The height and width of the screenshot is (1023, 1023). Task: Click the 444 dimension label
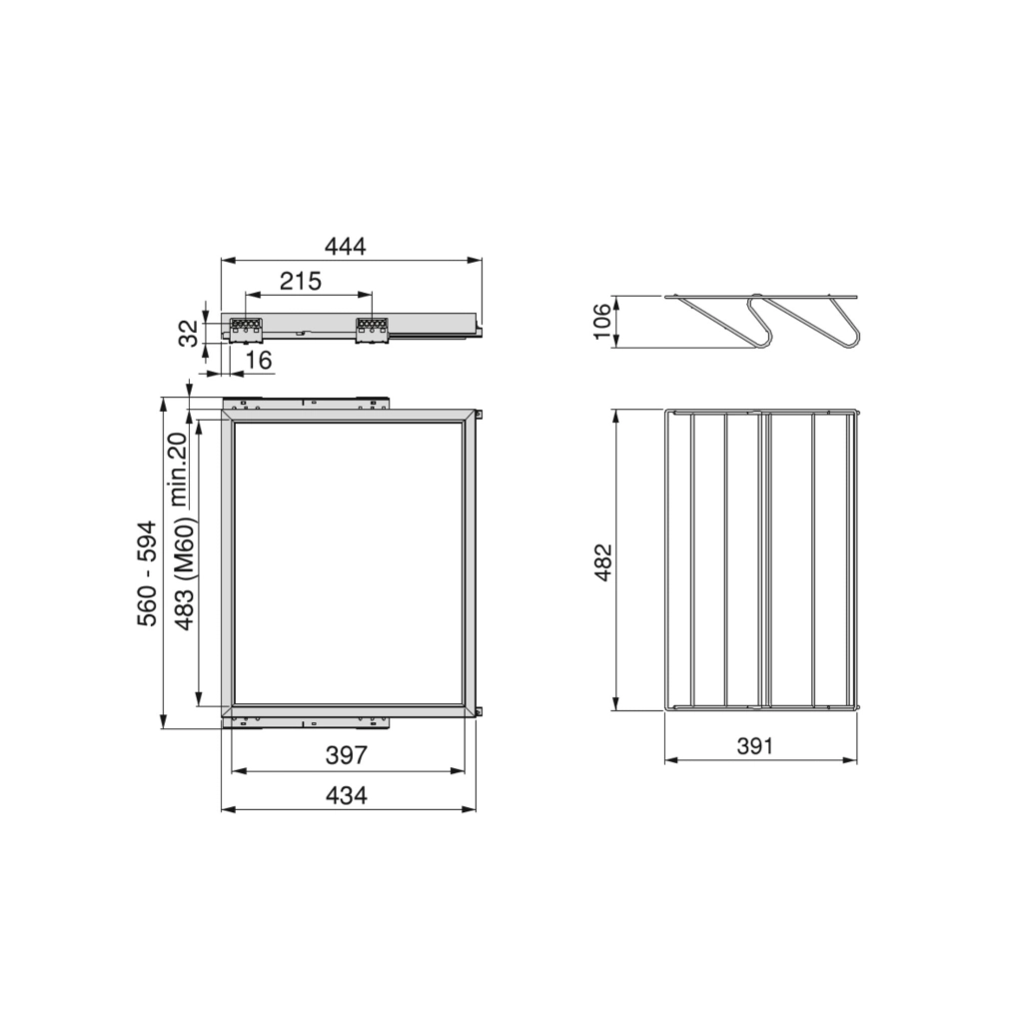pyautogui.click(x=345, y=246)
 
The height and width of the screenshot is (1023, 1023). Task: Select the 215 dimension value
pyautogui.click(x=301, y=281)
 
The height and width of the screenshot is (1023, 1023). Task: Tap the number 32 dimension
pyautogui.click(x=188, y=333)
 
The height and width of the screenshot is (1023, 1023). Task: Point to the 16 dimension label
pyautogui.click(x=259, y=360)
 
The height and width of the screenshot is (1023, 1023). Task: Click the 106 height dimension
pyautogui.click(x=602, y=321)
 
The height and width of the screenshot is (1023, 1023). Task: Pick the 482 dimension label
pyautogui.click(x=603, y=561)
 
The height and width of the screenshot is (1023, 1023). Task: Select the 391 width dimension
pyautogui.click(x=755, y=745)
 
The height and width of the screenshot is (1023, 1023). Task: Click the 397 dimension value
pyautogui.click(x=347, y=755)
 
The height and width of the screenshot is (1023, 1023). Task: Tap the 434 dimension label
pyautogui.click(x=347, y=796)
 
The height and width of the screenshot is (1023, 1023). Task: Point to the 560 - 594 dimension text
pyautogui.click(x=148, y=573)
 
